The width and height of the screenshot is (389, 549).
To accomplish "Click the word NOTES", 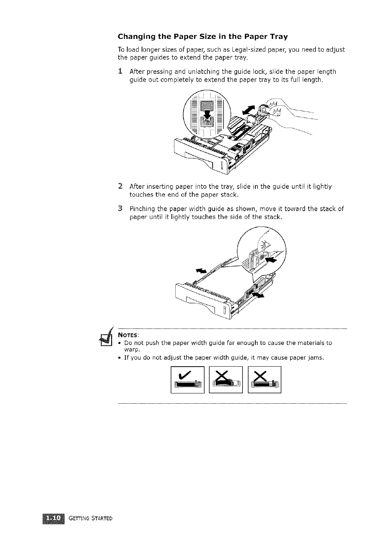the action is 129,335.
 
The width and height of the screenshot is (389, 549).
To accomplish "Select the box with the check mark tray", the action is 187,380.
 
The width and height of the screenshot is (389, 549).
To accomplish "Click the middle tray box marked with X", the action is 226,380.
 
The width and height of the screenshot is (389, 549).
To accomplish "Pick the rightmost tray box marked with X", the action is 264,380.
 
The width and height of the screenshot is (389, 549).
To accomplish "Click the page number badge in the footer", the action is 54,517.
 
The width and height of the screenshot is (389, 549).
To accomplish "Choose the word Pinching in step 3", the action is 142,209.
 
